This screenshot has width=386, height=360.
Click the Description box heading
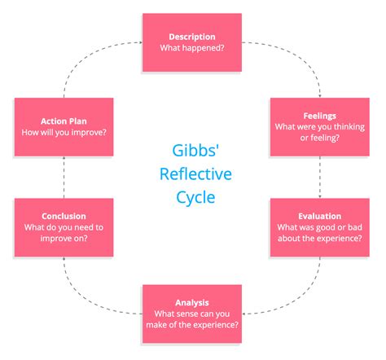pos(192,37)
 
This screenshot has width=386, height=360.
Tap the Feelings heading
pos(320,116)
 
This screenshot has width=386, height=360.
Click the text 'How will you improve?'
pos(64,130)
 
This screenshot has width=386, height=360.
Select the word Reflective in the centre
pos(192,174)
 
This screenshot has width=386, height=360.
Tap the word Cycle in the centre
pos(192,198)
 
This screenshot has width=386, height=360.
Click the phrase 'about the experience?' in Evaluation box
pos(320,239)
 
